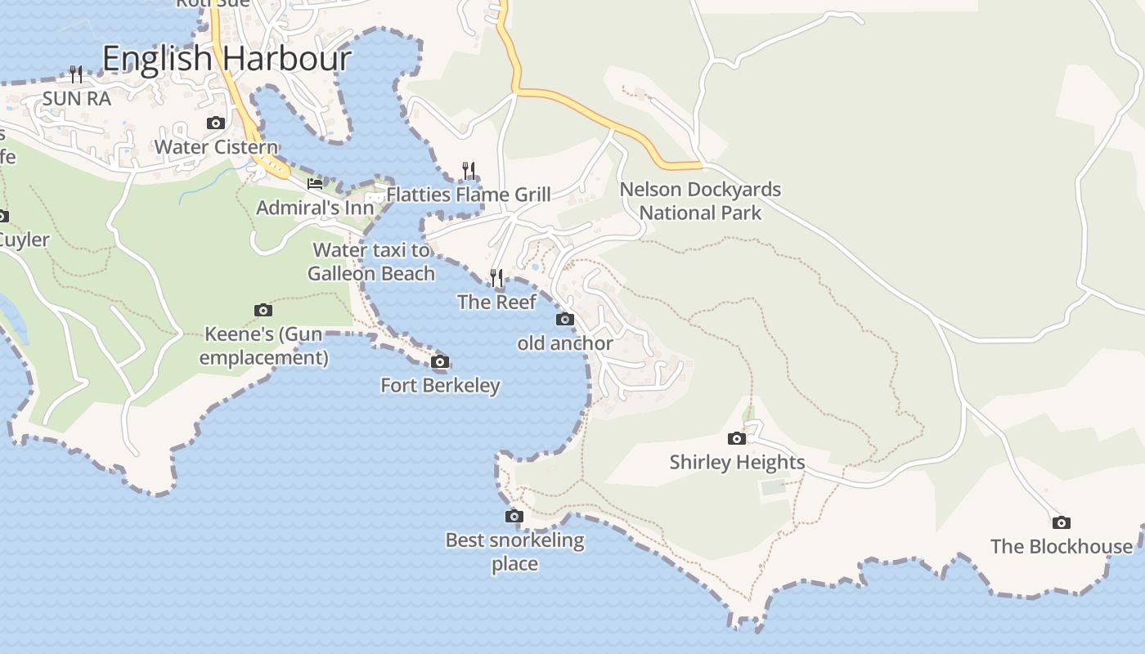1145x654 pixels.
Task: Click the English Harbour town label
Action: [227, 59]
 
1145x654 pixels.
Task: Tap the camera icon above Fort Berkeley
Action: [440, 362]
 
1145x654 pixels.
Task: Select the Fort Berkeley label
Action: [440, 385]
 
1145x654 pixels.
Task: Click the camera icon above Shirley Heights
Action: [737, 439]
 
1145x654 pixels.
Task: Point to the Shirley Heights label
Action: [737, 462]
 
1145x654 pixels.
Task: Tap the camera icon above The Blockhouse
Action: [1061, 523]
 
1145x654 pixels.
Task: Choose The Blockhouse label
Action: [1061, 546]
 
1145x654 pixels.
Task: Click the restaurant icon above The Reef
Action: [496, 279]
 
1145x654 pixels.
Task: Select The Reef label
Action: [496, 302]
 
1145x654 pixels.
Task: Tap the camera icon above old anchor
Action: [564, 320]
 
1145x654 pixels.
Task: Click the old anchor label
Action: [564, 343]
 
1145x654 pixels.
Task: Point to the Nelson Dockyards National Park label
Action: [700, 201]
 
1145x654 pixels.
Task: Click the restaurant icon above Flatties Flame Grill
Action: [469, 170]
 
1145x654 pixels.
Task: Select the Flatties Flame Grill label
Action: [469, 195]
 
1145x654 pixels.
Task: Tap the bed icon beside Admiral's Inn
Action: [315, 184]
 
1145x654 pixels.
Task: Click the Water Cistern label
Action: [216, 147]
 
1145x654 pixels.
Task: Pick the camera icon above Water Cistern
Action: [216, 123]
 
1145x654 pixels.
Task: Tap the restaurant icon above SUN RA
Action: [76, 74]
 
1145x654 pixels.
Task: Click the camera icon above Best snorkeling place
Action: [514, 517]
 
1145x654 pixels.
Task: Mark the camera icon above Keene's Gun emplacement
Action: [263, 311]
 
